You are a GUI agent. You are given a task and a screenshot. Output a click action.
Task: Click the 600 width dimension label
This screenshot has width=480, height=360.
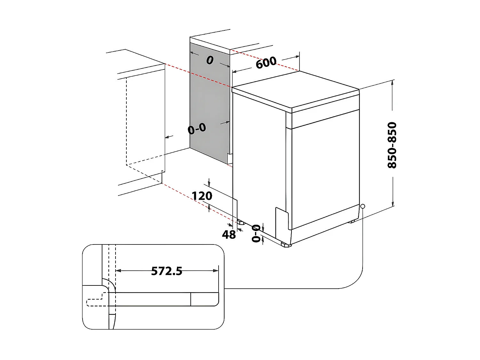[266, 62]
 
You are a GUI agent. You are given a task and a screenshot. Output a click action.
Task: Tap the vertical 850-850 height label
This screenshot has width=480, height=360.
[392, 145]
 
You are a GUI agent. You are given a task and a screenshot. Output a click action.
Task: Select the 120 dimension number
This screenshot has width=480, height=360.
[202, 196]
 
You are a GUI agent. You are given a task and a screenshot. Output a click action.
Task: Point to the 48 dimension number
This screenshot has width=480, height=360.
[229, 235]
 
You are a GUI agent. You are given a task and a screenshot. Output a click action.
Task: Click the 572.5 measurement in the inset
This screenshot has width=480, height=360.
[166, 271]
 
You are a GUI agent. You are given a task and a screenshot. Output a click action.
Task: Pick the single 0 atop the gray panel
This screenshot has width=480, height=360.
[210, 60]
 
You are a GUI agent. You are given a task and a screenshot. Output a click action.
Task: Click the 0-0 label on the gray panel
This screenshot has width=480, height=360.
[197, 129]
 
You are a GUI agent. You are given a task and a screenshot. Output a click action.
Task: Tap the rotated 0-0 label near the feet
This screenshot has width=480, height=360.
[256, 233]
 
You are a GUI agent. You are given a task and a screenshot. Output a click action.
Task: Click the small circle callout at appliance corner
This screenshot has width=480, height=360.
[362, 206]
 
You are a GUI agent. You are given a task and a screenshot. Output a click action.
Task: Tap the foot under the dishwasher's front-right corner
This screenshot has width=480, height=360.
[352, 221]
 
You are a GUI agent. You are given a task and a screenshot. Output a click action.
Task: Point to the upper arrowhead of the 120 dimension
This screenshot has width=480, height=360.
[209, 184]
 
